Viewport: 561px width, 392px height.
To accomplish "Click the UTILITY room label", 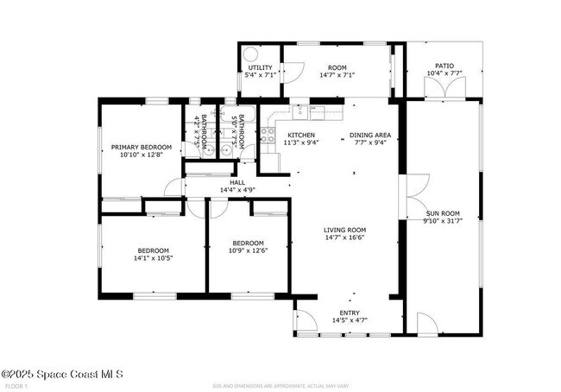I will tap(260, 67).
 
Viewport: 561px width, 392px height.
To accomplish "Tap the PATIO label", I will tap(444, 66).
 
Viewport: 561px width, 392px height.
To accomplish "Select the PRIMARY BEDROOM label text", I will tap(141, 148).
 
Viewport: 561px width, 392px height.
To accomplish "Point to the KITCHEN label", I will tap(300, 136).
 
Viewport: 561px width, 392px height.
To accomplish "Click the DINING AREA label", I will tap(370, 136).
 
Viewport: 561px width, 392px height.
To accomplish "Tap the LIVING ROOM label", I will tap(345, 230).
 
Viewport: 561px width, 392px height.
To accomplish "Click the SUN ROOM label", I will tap(443, 212).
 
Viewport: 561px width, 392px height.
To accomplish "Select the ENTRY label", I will tap(350, 313).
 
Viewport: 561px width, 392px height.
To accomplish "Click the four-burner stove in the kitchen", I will tap(268, 135).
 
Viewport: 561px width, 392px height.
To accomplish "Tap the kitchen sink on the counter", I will tap(299, 111).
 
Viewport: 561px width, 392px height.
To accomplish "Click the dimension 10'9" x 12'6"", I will tap(247, 251).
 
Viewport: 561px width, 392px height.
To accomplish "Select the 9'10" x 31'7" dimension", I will tap(444, 220).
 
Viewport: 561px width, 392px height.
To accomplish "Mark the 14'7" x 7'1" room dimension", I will tap(337, 75).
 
